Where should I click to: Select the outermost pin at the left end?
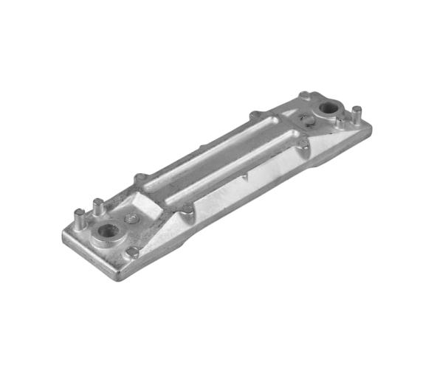click(79, 217)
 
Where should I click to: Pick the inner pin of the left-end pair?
click(97, 206)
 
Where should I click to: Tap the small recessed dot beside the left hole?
click(131, 218)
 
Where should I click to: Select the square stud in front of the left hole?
click(133, 252)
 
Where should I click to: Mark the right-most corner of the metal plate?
click(371, 127)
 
